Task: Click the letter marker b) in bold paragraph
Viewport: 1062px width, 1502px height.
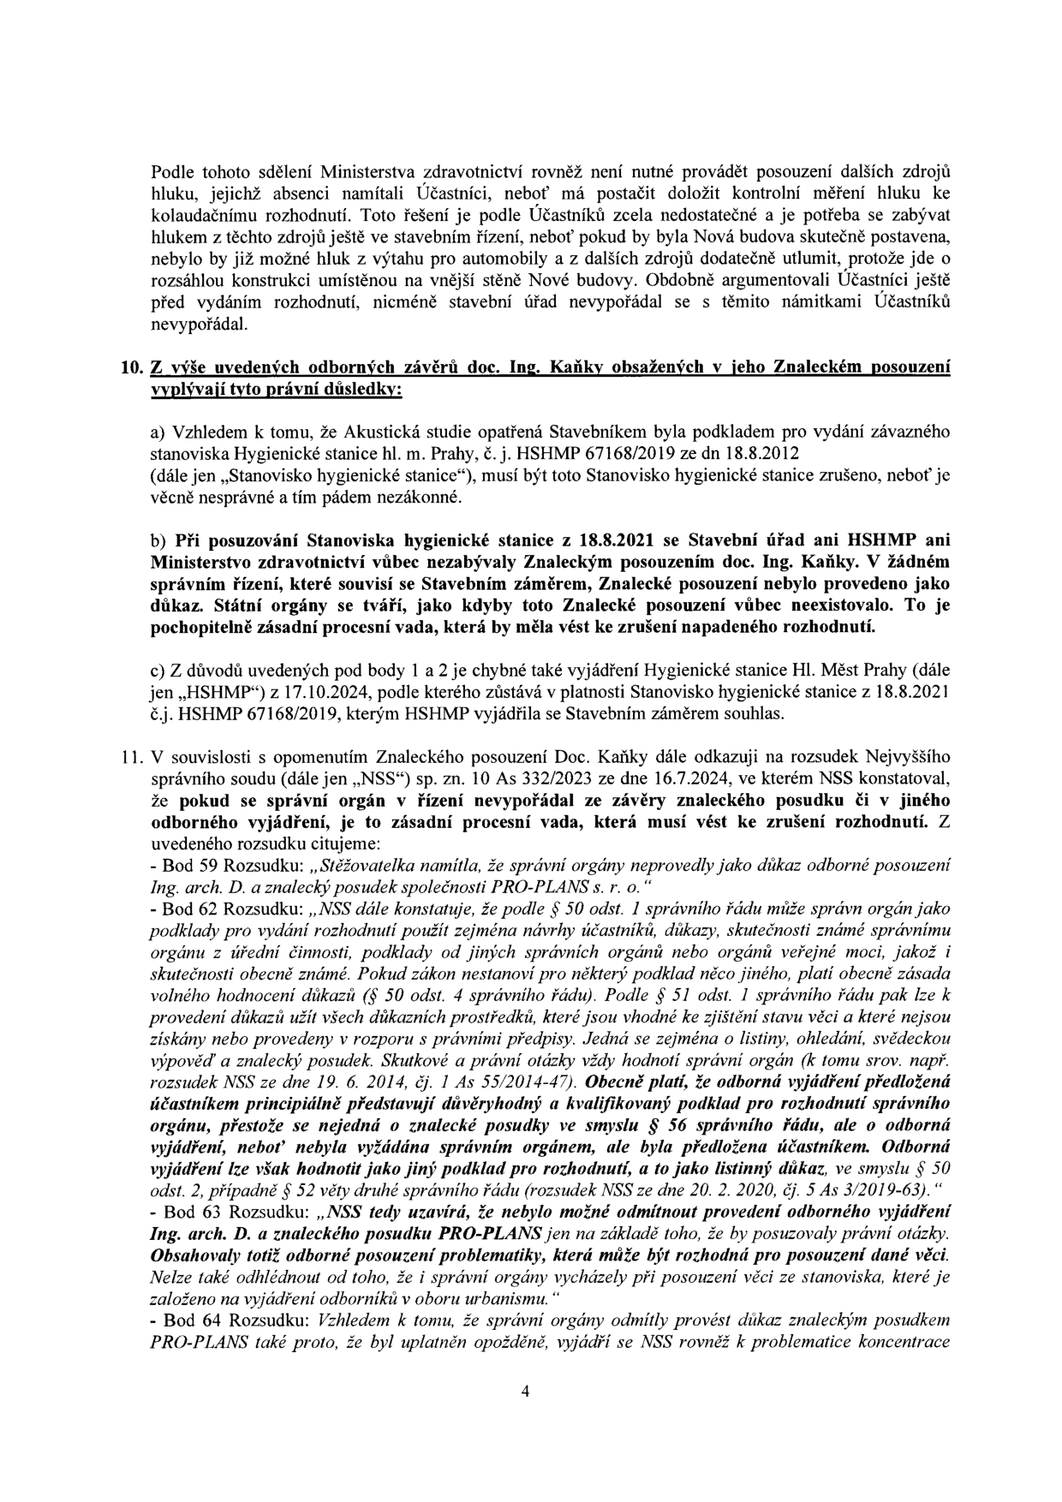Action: (x=158, y=541)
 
